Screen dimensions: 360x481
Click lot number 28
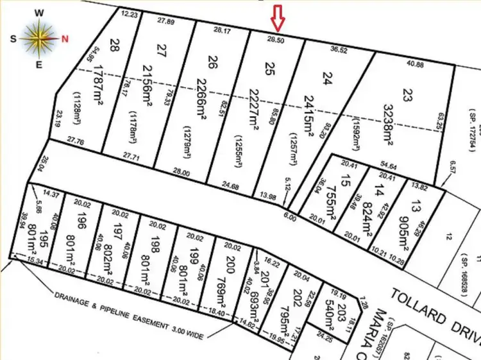click(115, 45)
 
